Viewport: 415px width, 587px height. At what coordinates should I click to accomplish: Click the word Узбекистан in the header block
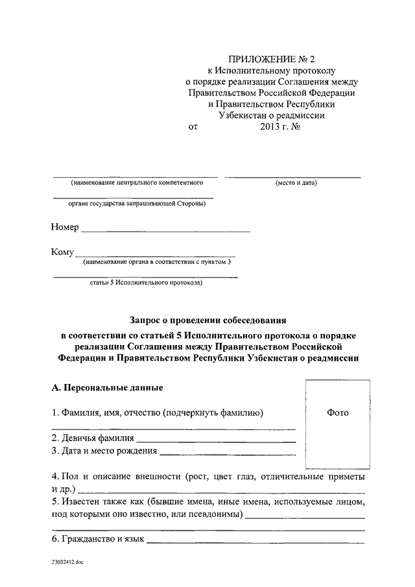coord(249,115)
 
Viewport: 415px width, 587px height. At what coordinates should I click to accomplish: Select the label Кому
coord(62,252)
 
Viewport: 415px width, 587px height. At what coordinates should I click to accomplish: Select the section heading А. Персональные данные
coord(107,388)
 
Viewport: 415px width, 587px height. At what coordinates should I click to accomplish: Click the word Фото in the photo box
coord(337,413)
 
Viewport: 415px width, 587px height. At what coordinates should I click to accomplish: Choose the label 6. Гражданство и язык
coord(97,539)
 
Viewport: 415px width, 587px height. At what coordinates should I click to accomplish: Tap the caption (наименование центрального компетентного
coord(134,183)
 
